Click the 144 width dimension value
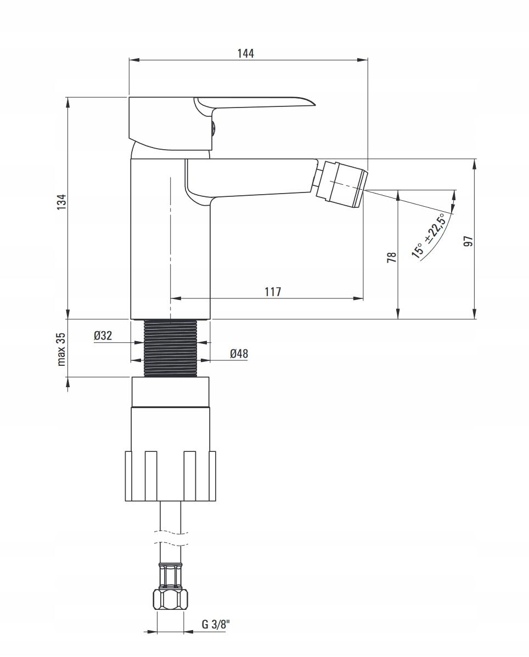245,53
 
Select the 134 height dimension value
61,201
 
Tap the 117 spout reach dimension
273,292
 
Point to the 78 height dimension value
392,257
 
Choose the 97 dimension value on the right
468,241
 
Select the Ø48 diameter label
239,354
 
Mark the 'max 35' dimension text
61,349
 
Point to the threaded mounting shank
170,348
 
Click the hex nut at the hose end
170,599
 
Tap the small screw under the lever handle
214,129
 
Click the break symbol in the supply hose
170,537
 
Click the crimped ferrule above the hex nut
170,576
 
